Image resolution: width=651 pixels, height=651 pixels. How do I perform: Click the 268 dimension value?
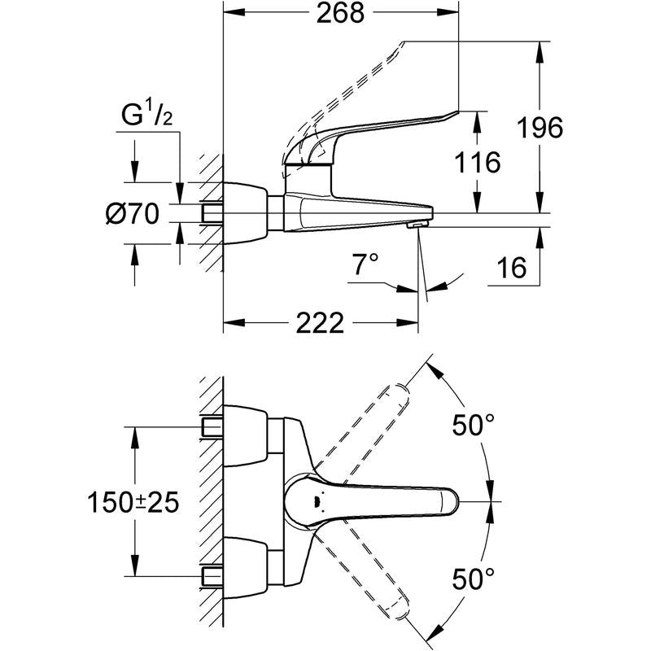point(340,13)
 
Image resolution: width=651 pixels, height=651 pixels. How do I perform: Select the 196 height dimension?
point(540,127)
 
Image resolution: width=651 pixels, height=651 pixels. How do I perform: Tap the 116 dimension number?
point(478,162)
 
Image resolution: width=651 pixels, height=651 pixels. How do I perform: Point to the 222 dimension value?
point(320,322)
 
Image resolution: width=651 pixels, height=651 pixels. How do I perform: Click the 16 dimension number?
point(512,268)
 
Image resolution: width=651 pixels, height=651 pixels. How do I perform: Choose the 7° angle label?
point(365,264)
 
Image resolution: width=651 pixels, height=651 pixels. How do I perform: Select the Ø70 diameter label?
point(133,214)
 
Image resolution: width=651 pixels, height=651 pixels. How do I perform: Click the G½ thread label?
point(146,115)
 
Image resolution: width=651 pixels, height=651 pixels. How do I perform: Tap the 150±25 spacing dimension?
point(133,502)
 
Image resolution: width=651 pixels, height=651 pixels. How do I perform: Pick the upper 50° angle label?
point(474,425)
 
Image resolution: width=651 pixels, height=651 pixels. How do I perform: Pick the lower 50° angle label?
point(474,579)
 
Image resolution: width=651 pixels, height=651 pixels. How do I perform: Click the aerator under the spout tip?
point(417,225)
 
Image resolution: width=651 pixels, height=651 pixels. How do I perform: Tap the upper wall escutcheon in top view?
point(246,435)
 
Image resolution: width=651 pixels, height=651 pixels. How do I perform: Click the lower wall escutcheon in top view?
point(246,568)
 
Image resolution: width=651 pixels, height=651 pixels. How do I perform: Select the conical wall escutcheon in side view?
point(246,213)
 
